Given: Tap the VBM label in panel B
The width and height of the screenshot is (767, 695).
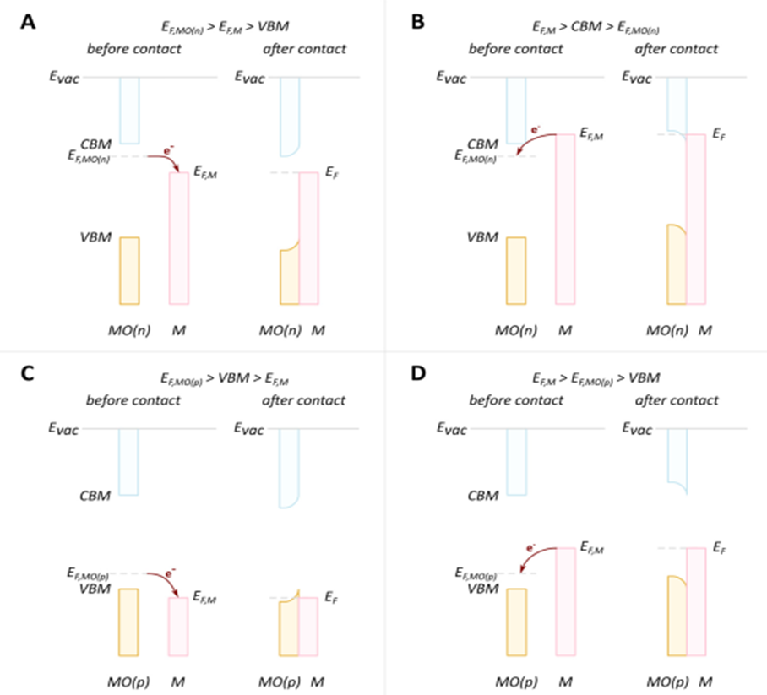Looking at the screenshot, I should (482, 237).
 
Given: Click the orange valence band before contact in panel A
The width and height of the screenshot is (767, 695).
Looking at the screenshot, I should (128, 270).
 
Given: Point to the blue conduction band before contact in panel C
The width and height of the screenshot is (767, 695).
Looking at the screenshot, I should (128, 461).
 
